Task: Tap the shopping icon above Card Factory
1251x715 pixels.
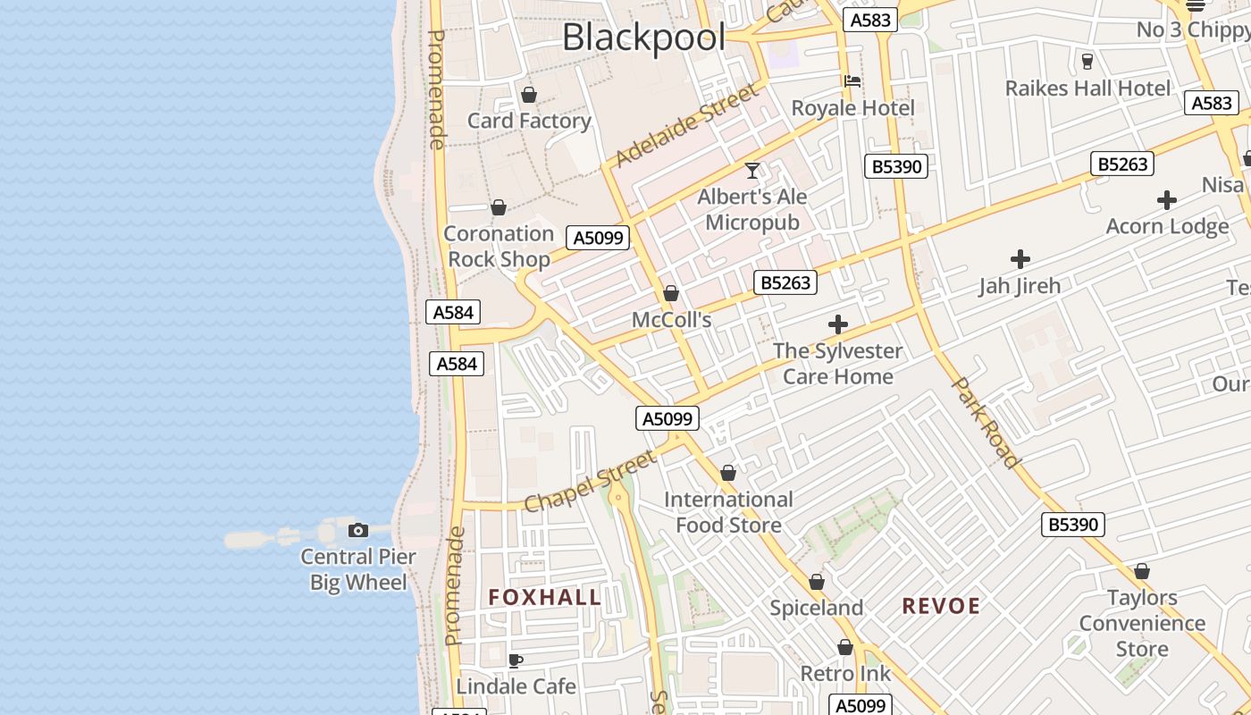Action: coord(529,95)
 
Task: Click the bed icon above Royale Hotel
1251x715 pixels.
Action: coord(852,81)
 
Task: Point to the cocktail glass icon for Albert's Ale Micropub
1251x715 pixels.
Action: coord(752,170)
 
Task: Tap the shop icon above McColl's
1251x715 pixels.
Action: coord(671,293)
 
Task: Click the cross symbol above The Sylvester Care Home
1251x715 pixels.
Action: coord(838,324)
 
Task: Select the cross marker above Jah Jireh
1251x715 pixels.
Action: coord(1020,259)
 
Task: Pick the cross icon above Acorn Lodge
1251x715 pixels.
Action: coord(1167,200)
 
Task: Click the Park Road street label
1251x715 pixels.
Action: coord(987,423)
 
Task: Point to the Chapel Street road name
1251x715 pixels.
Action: coord(590,482)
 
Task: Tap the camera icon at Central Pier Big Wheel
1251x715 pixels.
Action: coord(358,530)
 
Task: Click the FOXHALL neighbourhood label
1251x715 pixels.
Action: coord(544,597)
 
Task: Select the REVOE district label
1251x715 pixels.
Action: coord(941,606)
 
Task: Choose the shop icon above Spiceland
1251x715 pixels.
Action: coord(817,582)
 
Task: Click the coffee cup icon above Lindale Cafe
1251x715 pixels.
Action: coord(516,660)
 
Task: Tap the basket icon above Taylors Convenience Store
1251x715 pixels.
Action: coord(1142,571)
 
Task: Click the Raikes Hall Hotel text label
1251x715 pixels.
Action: coord(1087,88)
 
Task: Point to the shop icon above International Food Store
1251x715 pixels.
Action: coord(728,473)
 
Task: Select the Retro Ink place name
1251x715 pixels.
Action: coord(845,673)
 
